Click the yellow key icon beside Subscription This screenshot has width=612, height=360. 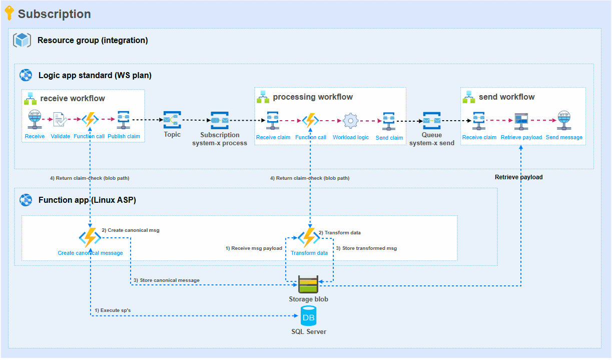[x=9, y=13]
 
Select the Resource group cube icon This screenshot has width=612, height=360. [x=23, y=40]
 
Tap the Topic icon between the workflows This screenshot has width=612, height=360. [x=172, y=120]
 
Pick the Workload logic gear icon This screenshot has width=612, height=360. [x=350, y=121]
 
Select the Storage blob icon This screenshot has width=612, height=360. [x=308, y=284]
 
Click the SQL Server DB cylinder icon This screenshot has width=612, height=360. [x=308, y=316]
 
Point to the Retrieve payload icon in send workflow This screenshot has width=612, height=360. [x=521, y=120]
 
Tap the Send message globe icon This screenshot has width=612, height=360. [x=564, y=120]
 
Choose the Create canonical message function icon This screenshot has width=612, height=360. [x=90, y=237]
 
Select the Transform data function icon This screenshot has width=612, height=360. [x=309, y=237]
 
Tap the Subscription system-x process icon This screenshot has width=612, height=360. [x=220, y=120]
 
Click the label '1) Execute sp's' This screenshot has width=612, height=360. [x=113, y=310]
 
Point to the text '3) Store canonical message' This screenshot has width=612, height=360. [x=166, y=280]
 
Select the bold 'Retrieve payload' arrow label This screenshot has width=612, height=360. [x=518, y=177]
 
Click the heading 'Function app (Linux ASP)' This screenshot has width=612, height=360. [x=87, y=200]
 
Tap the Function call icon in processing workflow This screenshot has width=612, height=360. [x=311, y=121]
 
